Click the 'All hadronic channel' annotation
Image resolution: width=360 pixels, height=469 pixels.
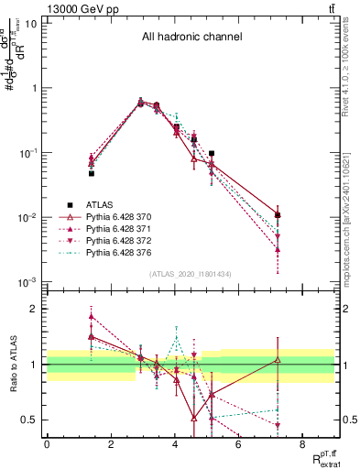pyautogui.click(x=191, y=38)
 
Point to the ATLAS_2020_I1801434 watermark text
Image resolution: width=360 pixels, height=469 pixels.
pyautogui.click(x=191, y=274)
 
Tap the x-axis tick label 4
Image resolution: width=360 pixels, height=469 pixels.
pyautogui.click(x=175, y=445)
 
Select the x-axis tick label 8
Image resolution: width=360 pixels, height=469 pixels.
pyautogui.click(x=303, y=445)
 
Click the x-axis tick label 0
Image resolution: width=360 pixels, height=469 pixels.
pyautogui.click(x=47, y=445)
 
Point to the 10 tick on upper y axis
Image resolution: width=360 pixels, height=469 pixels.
pyautogui.click(x=31, y=23)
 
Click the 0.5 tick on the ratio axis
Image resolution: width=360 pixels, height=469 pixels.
pyautogui.click(x=29, y=420)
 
